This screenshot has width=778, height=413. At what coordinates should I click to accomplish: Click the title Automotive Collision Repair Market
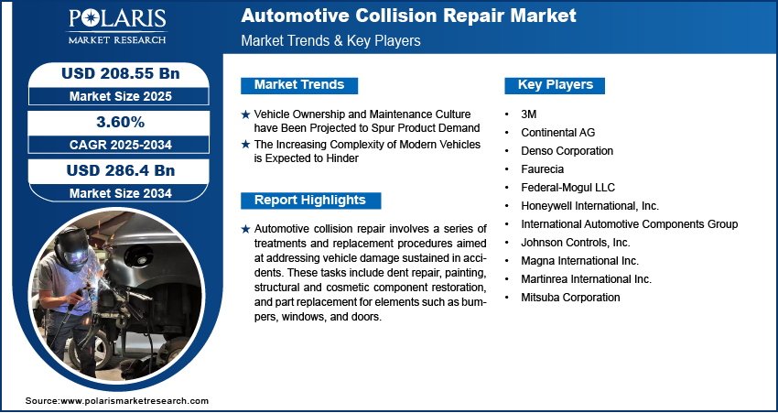408,16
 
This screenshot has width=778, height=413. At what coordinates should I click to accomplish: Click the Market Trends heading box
298,85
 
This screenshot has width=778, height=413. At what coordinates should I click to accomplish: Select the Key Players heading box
556,85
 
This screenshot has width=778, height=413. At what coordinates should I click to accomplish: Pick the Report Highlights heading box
310,201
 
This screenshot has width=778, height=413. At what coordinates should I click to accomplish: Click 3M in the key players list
529,114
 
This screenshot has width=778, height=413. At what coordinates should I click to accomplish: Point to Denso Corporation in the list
567,150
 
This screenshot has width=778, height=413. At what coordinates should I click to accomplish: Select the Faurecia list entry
543,168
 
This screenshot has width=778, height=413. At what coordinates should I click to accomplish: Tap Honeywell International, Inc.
589,205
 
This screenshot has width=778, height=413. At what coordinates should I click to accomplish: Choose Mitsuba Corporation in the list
570,297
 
